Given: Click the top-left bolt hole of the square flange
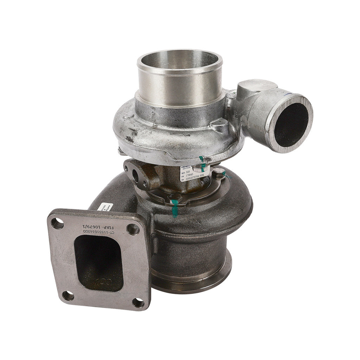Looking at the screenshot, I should pyautogui.click(x=58, y=223).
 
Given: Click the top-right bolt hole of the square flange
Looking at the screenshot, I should pyautogui.click(x=133, y=229).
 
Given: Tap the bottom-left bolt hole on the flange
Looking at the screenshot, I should pyautogui.click(x=68, y=295).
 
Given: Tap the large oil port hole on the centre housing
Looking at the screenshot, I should pyautogui.click(x=136, y=176).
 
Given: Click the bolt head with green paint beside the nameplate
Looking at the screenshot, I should pyautogui.click(x=219, y=173).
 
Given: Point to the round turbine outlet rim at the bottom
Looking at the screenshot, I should pyautogui.click(x=192, y=281).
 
